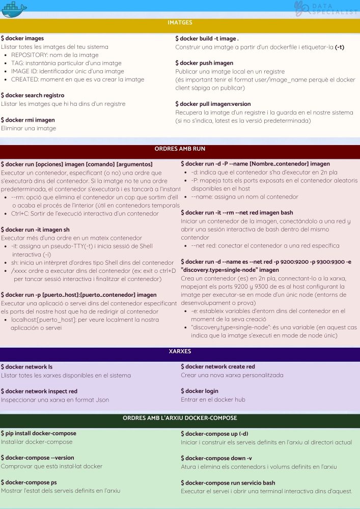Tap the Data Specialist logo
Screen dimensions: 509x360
[326, 8]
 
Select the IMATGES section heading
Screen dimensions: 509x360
[180, 23]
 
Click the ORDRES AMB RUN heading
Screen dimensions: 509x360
[180, 149]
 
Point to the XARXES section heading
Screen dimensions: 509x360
[180, 352]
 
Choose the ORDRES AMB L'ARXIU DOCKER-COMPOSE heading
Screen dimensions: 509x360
[180, 418]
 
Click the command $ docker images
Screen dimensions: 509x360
[22, 39]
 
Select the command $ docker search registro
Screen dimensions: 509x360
[33, 95]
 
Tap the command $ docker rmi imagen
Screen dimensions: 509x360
[28, 120]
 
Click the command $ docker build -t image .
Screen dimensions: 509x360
[207, 39]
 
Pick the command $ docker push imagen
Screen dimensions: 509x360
[204, 63]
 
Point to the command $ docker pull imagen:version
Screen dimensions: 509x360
[213, 104]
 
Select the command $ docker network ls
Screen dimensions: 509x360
[26, 366]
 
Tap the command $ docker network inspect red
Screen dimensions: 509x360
[39, 391]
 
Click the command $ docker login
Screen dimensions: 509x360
[200, 391]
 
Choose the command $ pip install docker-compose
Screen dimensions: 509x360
[39, 433]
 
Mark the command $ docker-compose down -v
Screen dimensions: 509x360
[216, 458]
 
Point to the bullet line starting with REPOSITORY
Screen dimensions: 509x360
[54, 55]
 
